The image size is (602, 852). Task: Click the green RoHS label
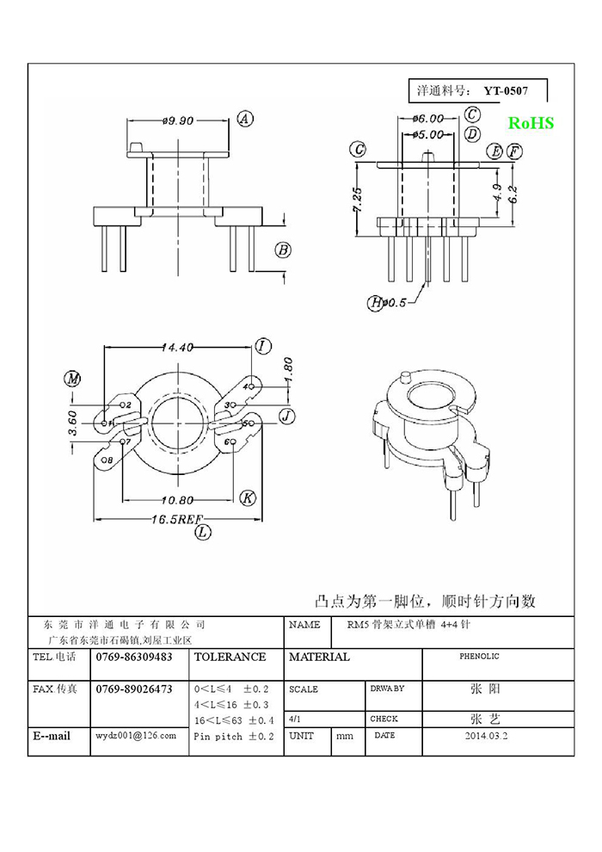pyautogui.click(x=530, y=123)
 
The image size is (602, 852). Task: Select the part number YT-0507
pyautogui.click(x=505, y=90)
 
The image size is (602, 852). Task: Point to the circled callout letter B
pyautogui.click(x=282, y=250)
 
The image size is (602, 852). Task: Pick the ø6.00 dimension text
pyautogui.click(x=427, y=118)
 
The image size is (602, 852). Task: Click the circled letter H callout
pyautogui.click(x=376, y=302)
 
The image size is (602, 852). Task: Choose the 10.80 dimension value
pyautogui.click(x=180, y=499)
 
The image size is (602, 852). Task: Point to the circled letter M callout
pyautogui.click(x=73, y=380)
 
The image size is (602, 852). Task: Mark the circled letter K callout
pyautogui.click(x=248, y=498)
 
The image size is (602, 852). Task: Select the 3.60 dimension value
pyautogui.click(x=73, y=423)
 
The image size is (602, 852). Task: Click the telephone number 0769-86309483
pyautogui.click(x=134, y=657)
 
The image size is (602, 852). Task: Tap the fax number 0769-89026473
pyautogui.click(x=134, y=688)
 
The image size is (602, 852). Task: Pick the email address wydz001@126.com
pyautogui.click(x=136, y=736)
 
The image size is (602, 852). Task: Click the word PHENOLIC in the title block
pyautogui.click(x=479, y=657)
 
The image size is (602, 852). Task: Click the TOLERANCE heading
pyautogui.click(x=230, y=657)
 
